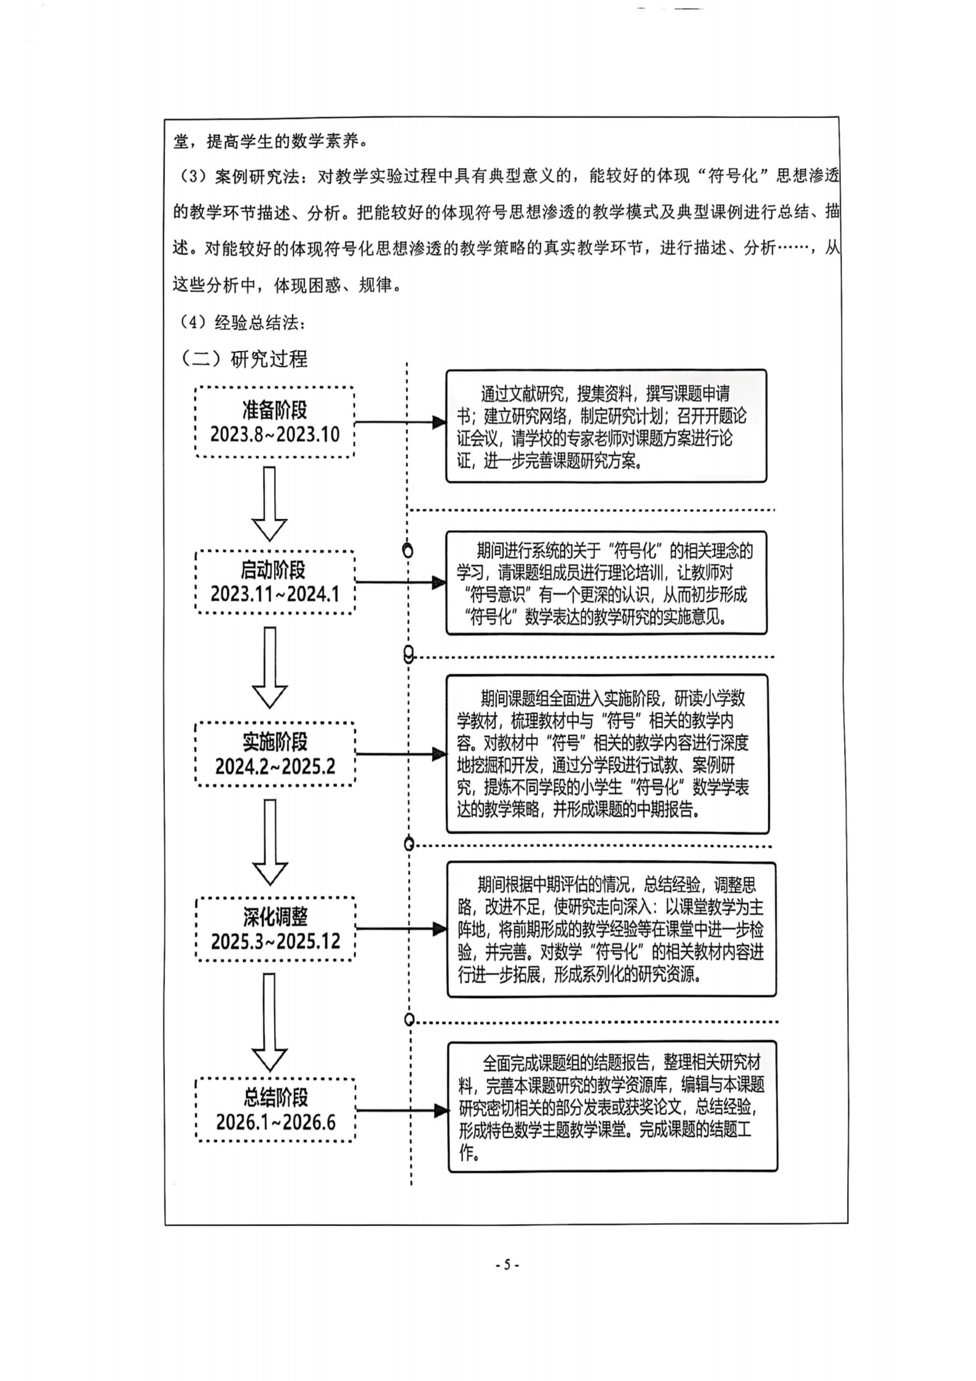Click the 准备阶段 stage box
(x=275, y=422)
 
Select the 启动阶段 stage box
(x=275, y=581)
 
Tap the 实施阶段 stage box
(x=275, y=753)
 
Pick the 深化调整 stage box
(x=276, y=928)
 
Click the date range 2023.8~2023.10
(x=275, y=434)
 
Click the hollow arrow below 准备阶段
(x=269, y=504)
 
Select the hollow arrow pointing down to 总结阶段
(x=269, y=1022)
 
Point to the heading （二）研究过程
(x=244, y=359)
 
